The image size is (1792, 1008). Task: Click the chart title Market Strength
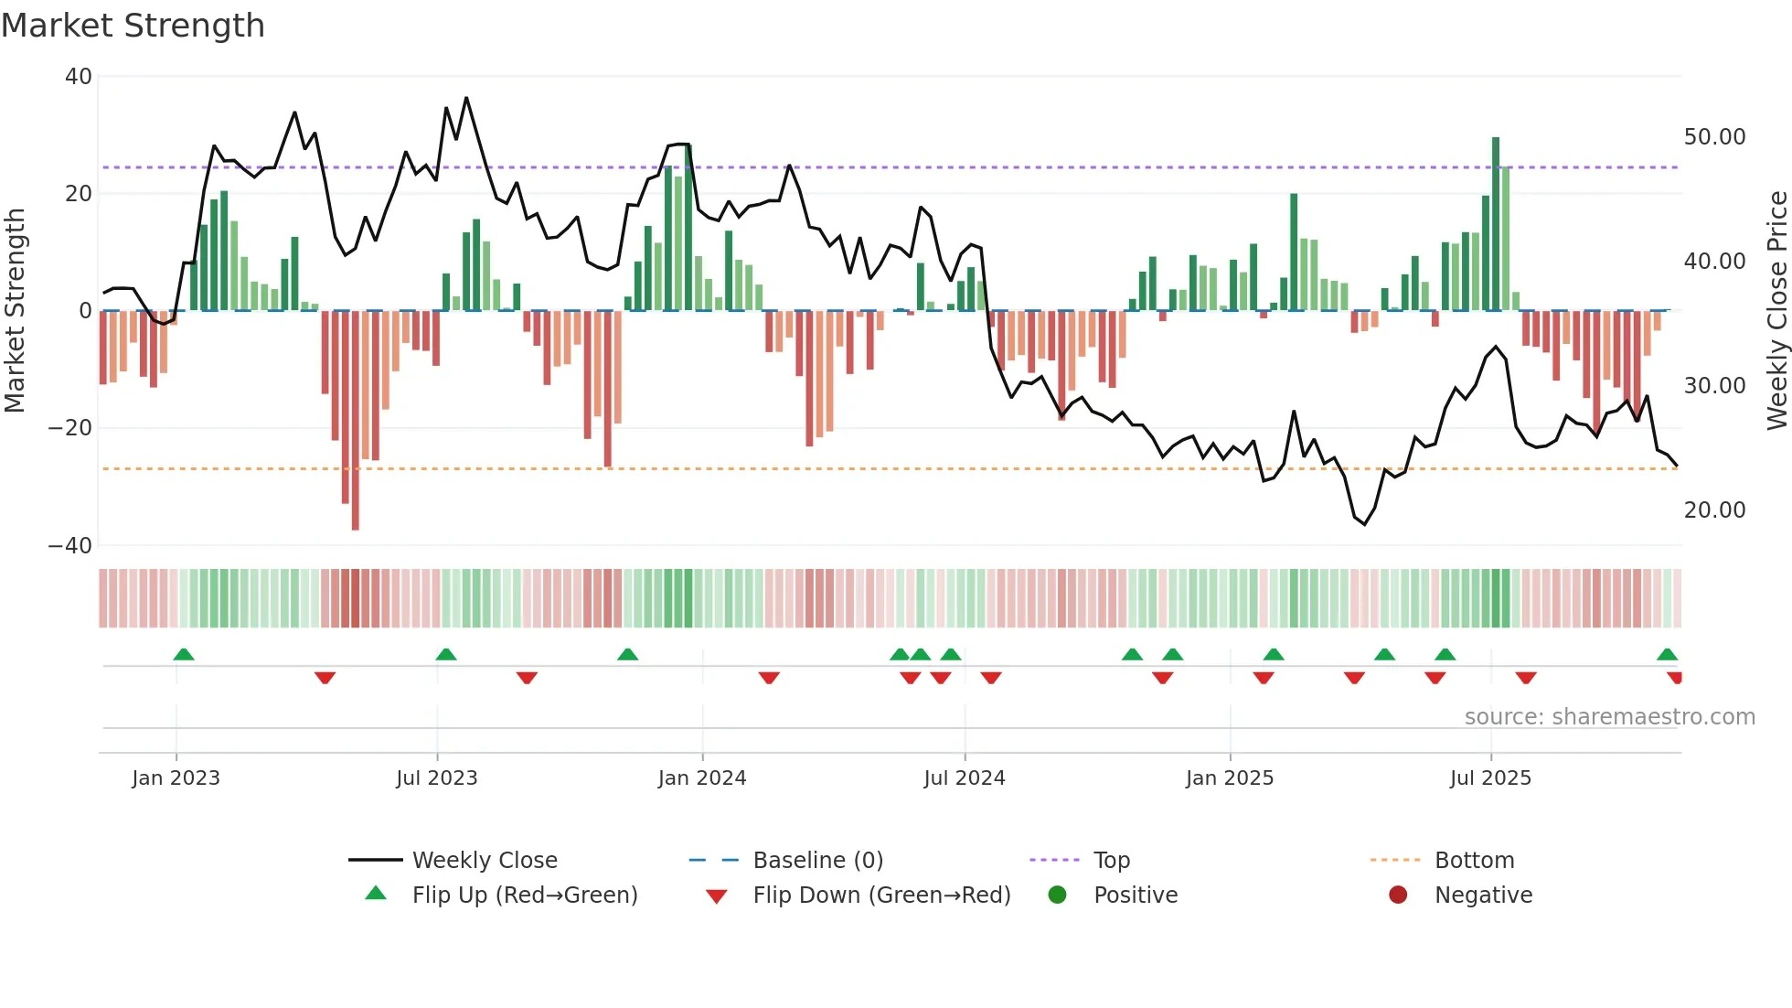click(133, 26)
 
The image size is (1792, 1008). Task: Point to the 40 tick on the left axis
click(79, 77)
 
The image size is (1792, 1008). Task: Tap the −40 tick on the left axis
click(70, 546)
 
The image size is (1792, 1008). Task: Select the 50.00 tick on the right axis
click(1714, 137)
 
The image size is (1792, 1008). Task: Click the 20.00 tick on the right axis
click(1714, 510)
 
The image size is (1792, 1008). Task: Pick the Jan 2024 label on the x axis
click(701, 778)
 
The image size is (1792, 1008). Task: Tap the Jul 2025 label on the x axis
click(1489, 778)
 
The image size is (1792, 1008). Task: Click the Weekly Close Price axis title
click(1776, 311)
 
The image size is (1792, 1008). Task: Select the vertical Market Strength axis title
click(16, 311)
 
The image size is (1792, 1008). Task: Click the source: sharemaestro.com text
click(1609, 717)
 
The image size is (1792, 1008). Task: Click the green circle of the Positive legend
click(1058, 895)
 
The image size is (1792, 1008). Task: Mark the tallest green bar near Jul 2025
click(1496, 224)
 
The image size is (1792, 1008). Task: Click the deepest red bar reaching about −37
click(356, 421)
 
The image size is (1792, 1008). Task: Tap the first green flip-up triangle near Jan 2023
click(184, 655)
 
